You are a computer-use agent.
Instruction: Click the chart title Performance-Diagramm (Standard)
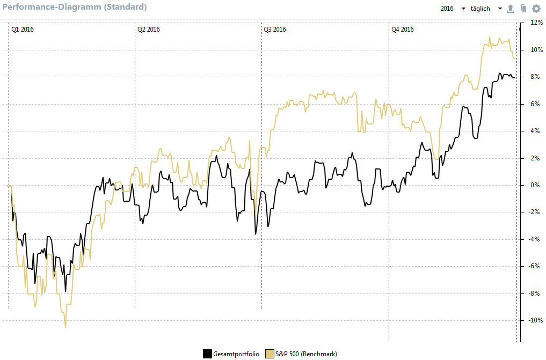[74, 8]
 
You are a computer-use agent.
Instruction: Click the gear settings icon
[536, 9]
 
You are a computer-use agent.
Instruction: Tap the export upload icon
[511, 9]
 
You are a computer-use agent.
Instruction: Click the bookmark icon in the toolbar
[523, 9]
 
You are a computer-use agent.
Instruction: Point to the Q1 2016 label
[23, 30]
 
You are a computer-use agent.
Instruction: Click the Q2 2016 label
[149, 30]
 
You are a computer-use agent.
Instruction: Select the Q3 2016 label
[275, 30]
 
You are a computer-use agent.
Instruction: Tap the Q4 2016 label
[403, 30]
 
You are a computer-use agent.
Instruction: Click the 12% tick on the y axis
[536, 23]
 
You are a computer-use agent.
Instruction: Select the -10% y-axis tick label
[535, 320]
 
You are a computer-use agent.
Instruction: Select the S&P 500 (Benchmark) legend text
[306, 354]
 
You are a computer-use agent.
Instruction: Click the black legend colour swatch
[207, 354]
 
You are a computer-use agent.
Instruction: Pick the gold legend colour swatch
[270, 354]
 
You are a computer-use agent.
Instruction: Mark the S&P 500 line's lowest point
[65, 327]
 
